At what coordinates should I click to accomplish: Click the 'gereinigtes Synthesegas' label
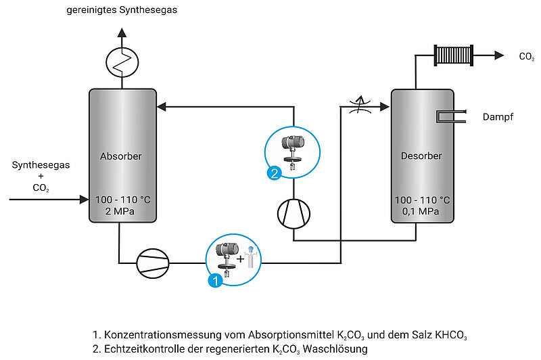coord(122,10)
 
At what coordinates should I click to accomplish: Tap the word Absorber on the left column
coord(121,156)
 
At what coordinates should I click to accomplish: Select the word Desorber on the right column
coord(421,156)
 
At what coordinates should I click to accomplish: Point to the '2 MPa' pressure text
coord(120,211)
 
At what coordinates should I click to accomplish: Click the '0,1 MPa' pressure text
coord(421,211)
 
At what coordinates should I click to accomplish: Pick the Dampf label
coord(498,117)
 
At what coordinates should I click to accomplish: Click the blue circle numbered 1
coord(216,281)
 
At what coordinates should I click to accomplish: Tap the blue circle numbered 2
coord(275,173)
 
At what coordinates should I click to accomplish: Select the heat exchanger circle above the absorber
coord(122,62)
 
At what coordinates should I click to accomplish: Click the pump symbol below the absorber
coord(153,263)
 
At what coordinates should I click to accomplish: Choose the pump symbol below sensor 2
coord(294,214)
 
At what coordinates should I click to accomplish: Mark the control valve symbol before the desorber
coord(360,105)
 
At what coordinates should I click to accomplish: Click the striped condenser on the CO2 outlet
coord(454,55)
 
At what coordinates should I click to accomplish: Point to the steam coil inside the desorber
coord(451,116)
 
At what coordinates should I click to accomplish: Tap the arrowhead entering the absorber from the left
coord(84,200)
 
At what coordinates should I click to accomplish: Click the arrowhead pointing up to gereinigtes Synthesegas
coord(122,32)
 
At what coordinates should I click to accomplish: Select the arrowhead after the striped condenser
coord(499,55)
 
